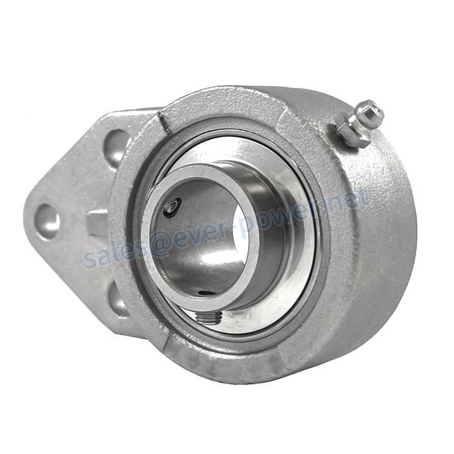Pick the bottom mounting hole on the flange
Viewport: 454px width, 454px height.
[118, 300]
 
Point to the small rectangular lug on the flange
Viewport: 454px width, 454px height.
[97, 222]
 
